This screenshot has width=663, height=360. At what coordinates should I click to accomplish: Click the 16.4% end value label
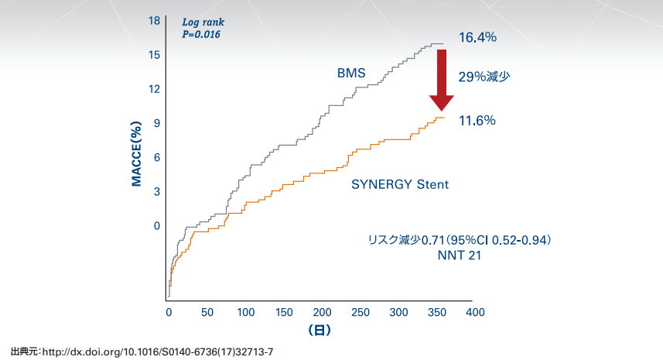tap(477, 37)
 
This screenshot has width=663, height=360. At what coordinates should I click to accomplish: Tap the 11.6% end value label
tap(477, 121)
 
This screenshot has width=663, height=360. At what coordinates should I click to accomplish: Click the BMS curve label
tap(350, 73)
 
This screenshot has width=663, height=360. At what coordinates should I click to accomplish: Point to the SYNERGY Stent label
tap(400, 185)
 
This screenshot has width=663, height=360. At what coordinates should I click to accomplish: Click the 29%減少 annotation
tap(484, 77)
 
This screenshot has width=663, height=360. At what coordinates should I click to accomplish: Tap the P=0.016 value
tap(201, 34)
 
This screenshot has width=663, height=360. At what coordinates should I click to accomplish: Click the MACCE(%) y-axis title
tap(136, 153)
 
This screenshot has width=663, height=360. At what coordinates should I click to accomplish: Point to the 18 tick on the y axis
tap(154, 21)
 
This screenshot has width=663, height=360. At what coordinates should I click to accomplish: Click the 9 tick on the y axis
tap(156, 123)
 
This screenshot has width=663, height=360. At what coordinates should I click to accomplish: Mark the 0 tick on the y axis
tap(156, 226)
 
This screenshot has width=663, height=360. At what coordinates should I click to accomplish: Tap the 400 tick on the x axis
tap(474, 312)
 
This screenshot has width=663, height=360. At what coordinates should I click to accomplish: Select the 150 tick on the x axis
tap(283, 312)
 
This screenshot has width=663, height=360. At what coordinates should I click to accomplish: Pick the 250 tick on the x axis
tap(360, 312)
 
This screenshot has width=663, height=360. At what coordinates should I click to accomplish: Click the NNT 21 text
tap(459, 255)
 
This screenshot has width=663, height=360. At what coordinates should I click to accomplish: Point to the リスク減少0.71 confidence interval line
tap(459, 241)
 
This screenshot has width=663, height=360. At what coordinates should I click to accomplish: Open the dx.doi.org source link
tap(157, 352)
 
